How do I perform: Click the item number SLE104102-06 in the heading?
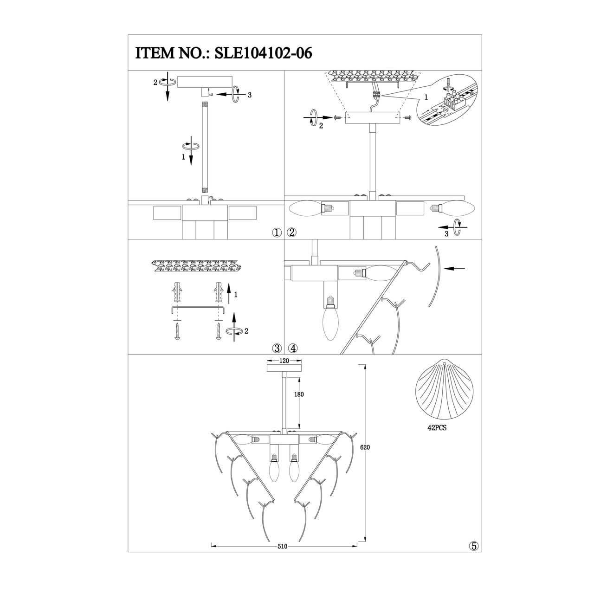click(263, 53)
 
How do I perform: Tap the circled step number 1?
click(277, 233)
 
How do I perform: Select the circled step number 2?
click(291, 233)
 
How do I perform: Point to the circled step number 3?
click(277, 348)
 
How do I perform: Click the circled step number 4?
click(292, 348)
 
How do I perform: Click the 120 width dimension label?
click(284, 361)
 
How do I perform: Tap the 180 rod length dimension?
click(299, 394)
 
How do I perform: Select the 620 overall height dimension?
click(365, 447)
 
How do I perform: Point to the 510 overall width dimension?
click(282, 547)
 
